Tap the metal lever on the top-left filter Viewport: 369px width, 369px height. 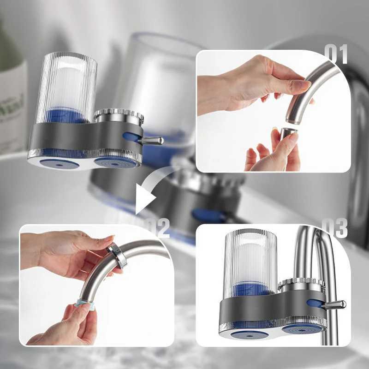click(x=152, y=140)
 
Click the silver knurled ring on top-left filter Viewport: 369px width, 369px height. click(x=119, y=115)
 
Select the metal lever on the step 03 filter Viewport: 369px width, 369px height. click(x=335, y=304)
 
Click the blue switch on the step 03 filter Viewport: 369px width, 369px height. click(x=315, y=303)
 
